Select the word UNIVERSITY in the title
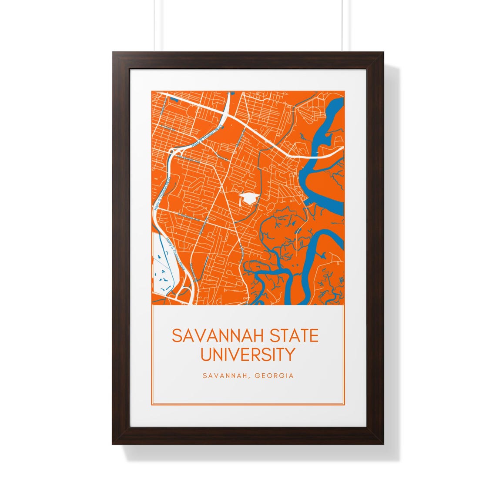coord(248,354)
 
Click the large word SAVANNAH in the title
coord(209,336)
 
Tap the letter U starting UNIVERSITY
coord(205,354)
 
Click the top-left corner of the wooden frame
coord(114,54)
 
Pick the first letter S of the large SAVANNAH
coord(176,336)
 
